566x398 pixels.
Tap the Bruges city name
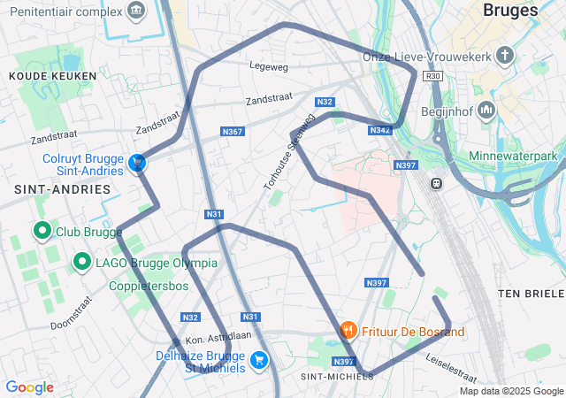[511, 11]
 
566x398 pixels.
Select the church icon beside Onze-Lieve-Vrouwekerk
[505, 57]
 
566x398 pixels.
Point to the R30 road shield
[432, 76]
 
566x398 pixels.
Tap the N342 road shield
[379, 130]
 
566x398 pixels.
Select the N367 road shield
[232, 132]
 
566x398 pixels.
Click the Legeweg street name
[269, 65]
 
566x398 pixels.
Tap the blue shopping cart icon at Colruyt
[137, 164]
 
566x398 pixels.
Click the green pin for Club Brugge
[42, 232]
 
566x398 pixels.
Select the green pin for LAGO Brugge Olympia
[81, 262]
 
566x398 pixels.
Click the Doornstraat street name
[71, 313]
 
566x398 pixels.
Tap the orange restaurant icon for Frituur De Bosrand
[348, 331]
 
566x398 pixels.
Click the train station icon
[436, 183]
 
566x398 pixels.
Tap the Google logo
[29, 387]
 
